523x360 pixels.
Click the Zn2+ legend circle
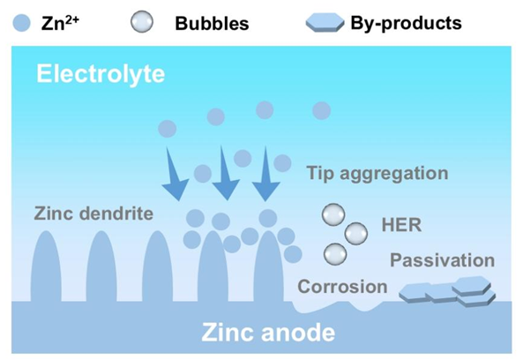point(22,23)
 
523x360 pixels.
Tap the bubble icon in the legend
point(142,22)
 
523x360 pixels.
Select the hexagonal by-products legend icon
point(325,23)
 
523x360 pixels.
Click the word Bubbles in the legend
point(213,23)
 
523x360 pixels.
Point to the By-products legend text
point(407,23)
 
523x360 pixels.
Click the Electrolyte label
point(101,74)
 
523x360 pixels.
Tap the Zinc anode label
point(268,332)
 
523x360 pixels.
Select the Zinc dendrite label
point(93,214)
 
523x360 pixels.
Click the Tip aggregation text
point(377,174)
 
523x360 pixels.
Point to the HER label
point(401,225)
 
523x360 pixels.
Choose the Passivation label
point(442,260)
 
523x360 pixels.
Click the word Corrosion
point(342,287)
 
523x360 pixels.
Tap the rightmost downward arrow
point(266,174)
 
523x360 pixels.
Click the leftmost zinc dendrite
point(46,267)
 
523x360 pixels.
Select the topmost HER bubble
point(333,214)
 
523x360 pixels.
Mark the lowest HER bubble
point(335,254)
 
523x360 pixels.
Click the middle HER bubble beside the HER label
point(356,234)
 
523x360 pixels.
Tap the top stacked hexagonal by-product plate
point(471,285)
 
